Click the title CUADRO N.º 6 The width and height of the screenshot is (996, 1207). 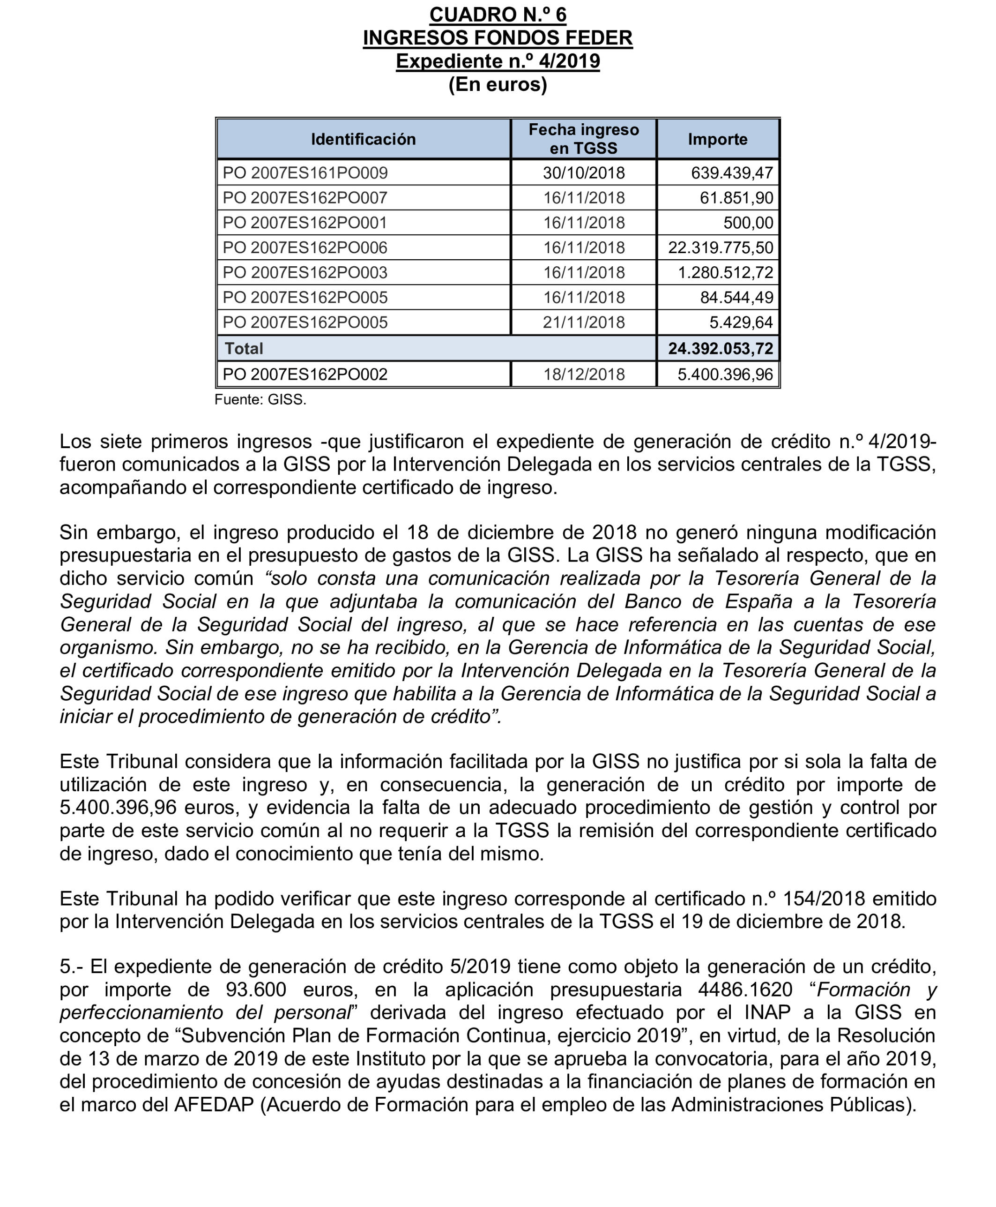(x=498, y=15)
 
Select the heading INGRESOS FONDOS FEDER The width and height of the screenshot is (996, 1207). (x=498, y=38)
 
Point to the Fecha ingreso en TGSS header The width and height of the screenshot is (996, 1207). (x=583, y=139)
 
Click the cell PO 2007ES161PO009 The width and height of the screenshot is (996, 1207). (x=305, y=173)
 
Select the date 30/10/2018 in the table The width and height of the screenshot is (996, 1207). (x=583, y=173)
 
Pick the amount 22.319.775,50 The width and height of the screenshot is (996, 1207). (x=720, y=248)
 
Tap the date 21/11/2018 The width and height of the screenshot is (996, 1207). (x=583, y=322)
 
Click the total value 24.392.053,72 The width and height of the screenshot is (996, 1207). (x=720, y=349)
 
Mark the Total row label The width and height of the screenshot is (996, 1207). (x=244, y=349)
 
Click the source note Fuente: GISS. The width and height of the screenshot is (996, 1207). (x=260, y=400)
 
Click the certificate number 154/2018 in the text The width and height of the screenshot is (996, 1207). (x=825, y=899)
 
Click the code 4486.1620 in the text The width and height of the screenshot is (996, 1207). (x=745, y=990)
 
